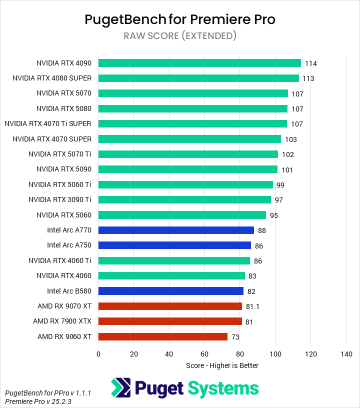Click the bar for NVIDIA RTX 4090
point(199,63)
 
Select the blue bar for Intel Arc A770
point(176,230)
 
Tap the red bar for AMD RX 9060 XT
point(163,337)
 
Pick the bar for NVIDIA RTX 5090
point(188,169)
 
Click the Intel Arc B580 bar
point(171,291)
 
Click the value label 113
point(308,78)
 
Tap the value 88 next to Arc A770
point(261,230)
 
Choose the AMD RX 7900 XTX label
point(62,321)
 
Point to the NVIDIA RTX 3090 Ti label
point(60,199)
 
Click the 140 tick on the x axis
point(346,354)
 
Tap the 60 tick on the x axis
point(204,354)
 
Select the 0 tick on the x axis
point(98,354)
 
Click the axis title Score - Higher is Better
point(222,365)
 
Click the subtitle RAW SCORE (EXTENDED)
point(180,35)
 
